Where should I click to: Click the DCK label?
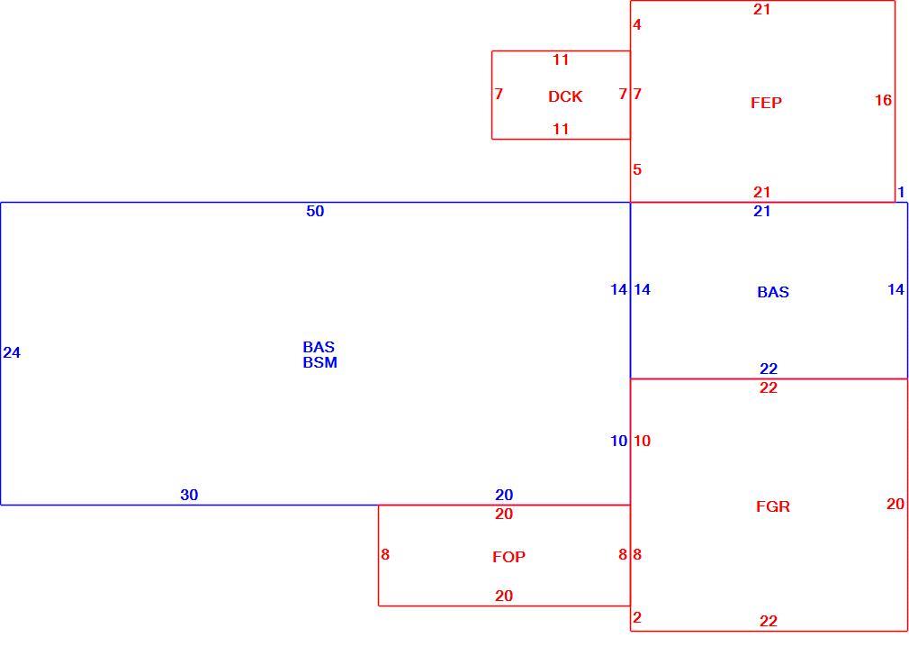[x=565, y=96]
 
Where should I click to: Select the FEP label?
[x=766, y=103]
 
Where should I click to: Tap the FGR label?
[x=773, y=506]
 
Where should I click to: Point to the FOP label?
[x=509, y=557]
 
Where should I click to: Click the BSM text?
[x=320, y=362]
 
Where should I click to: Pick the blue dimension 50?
[x=315, y=212]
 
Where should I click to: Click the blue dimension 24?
[x=12, y=352]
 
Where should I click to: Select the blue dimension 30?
[x=189, y=495]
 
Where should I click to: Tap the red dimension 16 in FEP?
[x=883, y=100]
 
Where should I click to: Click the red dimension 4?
[x=637, y=24]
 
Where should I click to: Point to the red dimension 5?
[x=637, y=169]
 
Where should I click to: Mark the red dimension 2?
[x=637, y=617]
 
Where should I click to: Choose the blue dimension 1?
[x=901, y=192]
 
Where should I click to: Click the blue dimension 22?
[x=769, y=369]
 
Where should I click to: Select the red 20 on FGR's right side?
[x=895, y=504]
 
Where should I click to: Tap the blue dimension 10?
[x=618, y=442]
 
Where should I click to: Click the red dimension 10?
[x=642, y=442]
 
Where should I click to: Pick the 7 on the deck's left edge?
[x=499, y=94]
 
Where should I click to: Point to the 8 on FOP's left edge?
[x=385, y=554]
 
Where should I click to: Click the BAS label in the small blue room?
[x=773, y=292]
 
